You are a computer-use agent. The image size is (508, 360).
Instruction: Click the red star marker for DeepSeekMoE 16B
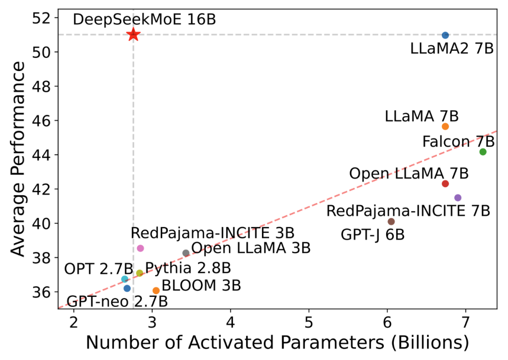click(133, 34)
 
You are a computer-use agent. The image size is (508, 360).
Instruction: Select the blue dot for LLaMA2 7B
click(445, 35)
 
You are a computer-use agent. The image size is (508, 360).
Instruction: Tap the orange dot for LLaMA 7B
click(445, 126)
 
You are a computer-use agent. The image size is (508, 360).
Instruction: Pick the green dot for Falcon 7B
click(483, 152)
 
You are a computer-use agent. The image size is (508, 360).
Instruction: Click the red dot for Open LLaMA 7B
click(445, 184)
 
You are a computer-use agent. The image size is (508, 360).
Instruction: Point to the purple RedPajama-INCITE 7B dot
click(458, 198)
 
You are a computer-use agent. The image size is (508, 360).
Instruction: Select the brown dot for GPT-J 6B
click(391, 221)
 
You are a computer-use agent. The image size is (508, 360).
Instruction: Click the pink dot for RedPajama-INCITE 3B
click(140, 248)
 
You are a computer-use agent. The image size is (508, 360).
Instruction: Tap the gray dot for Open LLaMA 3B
click(186, 253)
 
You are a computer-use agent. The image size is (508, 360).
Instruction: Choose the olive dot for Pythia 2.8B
click(139, 273)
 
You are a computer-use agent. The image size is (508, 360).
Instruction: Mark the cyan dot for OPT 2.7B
click(125, 279)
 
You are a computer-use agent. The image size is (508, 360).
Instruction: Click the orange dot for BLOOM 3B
click(156, 290)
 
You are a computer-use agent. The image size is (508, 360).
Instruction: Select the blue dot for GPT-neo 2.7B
click(127, 288)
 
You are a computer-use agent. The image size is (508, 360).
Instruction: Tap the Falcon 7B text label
click(458, 142)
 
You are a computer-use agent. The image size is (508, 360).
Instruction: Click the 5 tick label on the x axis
click(309, 325)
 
